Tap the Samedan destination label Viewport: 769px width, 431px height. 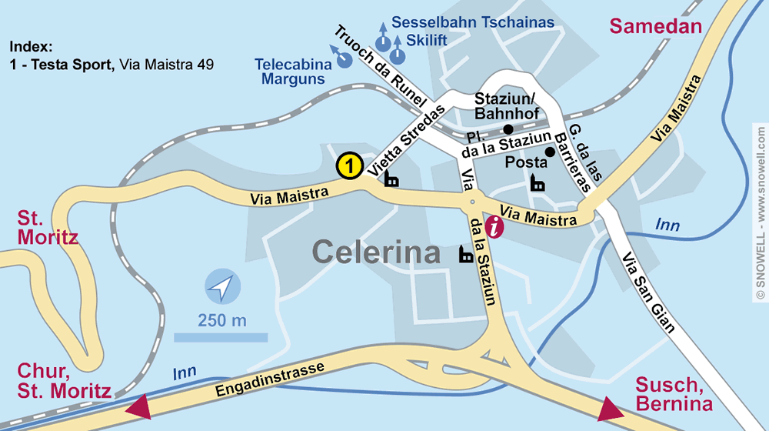coord(656,26)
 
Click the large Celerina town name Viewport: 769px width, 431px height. coord(376,252)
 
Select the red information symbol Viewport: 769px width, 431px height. coord(496,226)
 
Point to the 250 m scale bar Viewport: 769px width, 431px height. coord(221,336)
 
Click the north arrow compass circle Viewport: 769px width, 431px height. coord(222,289)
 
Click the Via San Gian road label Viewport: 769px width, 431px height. coord(648,292)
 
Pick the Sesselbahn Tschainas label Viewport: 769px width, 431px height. coord(473,22)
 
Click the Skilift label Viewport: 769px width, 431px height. coord(432,39)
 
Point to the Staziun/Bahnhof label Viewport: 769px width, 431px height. coord(504,106)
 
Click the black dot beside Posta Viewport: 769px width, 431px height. coord(550,152)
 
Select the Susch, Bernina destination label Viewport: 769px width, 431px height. coord(674,395)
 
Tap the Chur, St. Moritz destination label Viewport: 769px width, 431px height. coord(64,383)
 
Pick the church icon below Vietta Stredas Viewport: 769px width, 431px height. coord(391,179)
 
